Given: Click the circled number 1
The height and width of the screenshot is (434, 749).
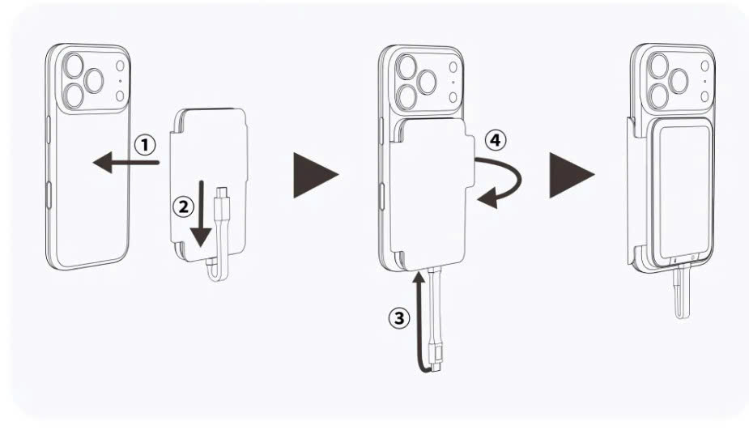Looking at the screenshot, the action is pyautogui.click(x=145, y=145).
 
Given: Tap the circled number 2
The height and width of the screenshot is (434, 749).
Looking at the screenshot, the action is pyautogui.click(x=183, y=206).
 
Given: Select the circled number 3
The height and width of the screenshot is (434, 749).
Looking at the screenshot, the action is pyautogui.click(x=399, y=318).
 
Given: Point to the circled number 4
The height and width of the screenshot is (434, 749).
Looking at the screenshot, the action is pyautogui.click(x=496, y=140).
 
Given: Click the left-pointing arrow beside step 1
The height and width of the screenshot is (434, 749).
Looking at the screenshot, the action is pyautogui.click(x=126, y=162).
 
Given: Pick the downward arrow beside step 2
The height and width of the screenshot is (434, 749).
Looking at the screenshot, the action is pyautogui.click(x=202, y=214).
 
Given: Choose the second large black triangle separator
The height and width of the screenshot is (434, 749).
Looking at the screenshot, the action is pyautogui.click(x=572, y=175).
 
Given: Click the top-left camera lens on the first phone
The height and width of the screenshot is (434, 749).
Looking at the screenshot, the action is pyautogui.click(x=74, y=66).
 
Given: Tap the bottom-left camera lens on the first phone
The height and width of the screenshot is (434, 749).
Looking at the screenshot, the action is pyautogui.click(x=74, y=95).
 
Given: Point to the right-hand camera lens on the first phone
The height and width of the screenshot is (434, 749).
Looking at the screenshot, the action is pyautogui.click(x=94, y=81).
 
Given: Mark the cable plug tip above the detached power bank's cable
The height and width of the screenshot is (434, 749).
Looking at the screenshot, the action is pyautogui.click(x=221, y=193).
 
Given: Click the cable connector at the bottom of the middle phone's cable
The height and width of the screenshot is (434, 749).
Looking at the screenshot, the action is pyautogui.click(x=435, y=364).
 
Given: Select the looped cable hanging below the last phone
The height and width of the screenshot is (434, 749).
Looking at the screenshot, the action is pyautogui.click(x=682, y=292).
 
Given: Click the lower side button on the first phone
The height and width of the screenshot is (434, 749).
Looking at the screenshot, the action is pyautogui.click(x=49, y=194).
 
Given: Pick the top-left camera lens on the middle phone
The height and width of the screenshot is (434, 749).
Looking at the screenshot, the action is pyautogui.click(x=407, y=67).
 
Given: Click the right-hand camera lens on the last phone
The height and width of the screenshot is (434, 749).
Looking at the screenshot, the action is pyautogui.click(x=679, y=81).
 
